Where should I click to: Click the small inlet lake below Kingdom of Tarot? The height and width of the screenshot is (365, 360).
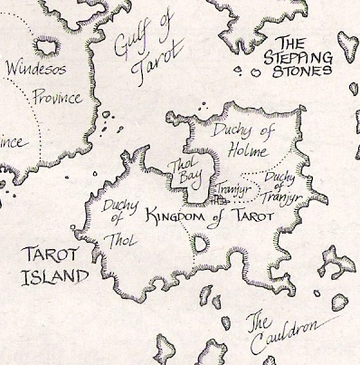coord(200,242)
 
